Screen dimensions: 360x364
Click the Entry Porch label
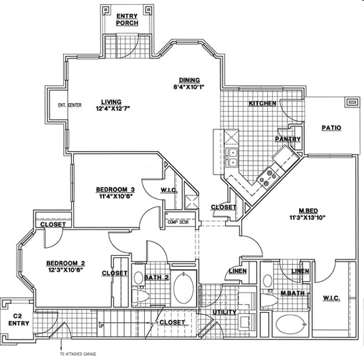point(126,19)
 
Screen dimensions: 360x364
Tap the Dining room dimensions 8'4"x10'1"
point(189,87)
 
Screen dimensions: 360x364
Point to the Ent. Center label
point(69,105)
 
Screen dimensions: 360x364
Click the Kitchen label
point(262,104)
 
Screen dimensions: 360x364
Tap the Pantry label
point(288,139)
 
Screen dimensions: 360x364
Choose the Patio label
point(331,128)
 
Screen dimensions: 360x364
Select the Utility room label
point(223,312)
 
